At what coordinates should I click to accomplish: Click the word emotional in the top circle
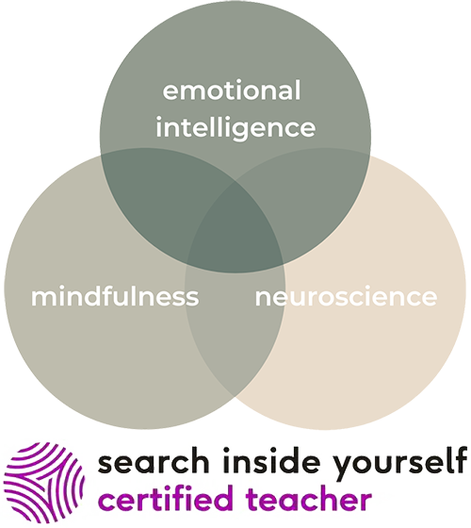click(232, 91)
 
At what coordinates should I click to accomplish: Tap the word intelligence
click(235, 127)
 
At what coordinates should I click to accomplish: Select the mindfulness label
click(115, 296)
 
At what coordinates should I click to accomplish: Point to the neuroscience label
click(347, 297)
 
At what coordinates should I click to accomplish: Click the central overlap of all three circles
click(235, 229)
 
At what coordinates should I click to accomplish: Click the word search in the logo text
click(153, 462)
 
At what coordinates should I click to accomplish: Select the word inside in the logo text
click(271, 461)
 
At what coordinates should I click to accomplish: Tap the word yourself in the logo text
click(399, 464)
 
